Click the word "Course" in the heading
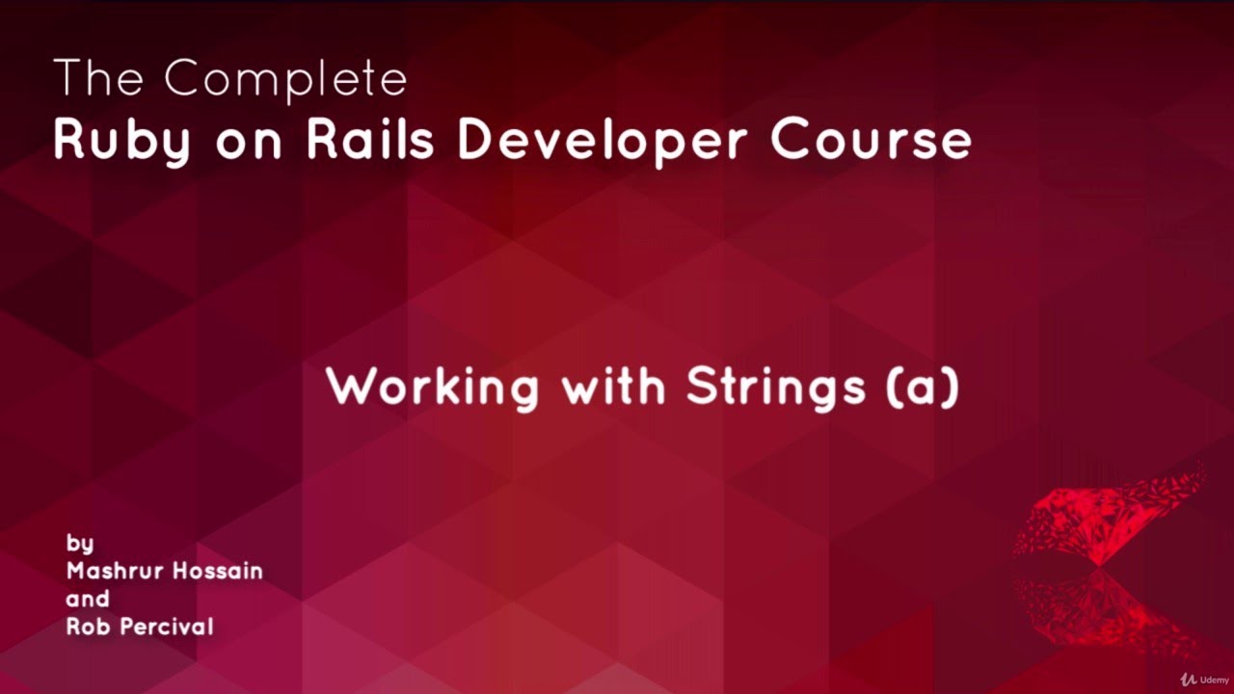pos(871,141)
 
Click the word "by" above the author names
pos(80,543)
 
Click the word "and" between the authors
pos(88,599)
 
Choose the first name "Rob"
pos(85,627)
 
